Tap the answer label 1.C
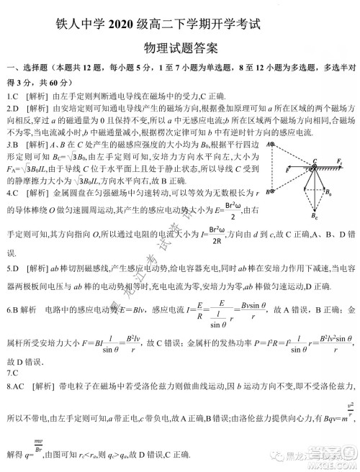pyautogui.click(x=12, y=96)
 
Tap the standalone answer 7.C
pyautogui.click(x=11, y=373)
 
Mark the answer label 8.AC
pyautogui.click(x=16, y=386)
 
